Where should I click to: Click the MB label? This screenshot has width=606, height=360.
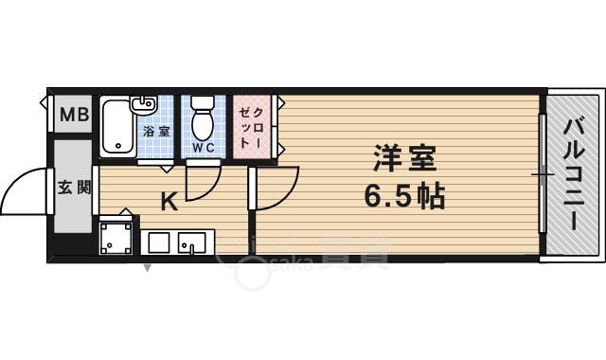click(73, 116)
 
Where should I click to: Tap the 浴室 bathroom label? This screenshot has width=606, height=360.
click(156, 131)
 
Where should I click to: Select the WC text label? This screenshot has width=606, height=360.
click(204, 149)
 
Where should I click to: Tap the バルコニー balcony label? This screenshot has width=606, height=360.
click(574, 175)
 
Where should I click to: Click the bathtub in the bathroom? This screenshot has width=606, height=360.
click(118, 129)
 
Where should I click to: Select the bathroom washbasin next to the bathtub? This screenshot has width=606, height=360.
click(142, 104)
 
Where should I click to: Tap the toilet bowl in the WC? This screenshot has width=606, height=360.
click(203, 120)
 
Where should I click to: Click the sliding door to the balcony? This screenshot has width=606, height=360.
click(543, 173)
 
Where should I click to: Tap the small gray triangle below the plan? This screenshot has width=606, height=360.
click(147, 267)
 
